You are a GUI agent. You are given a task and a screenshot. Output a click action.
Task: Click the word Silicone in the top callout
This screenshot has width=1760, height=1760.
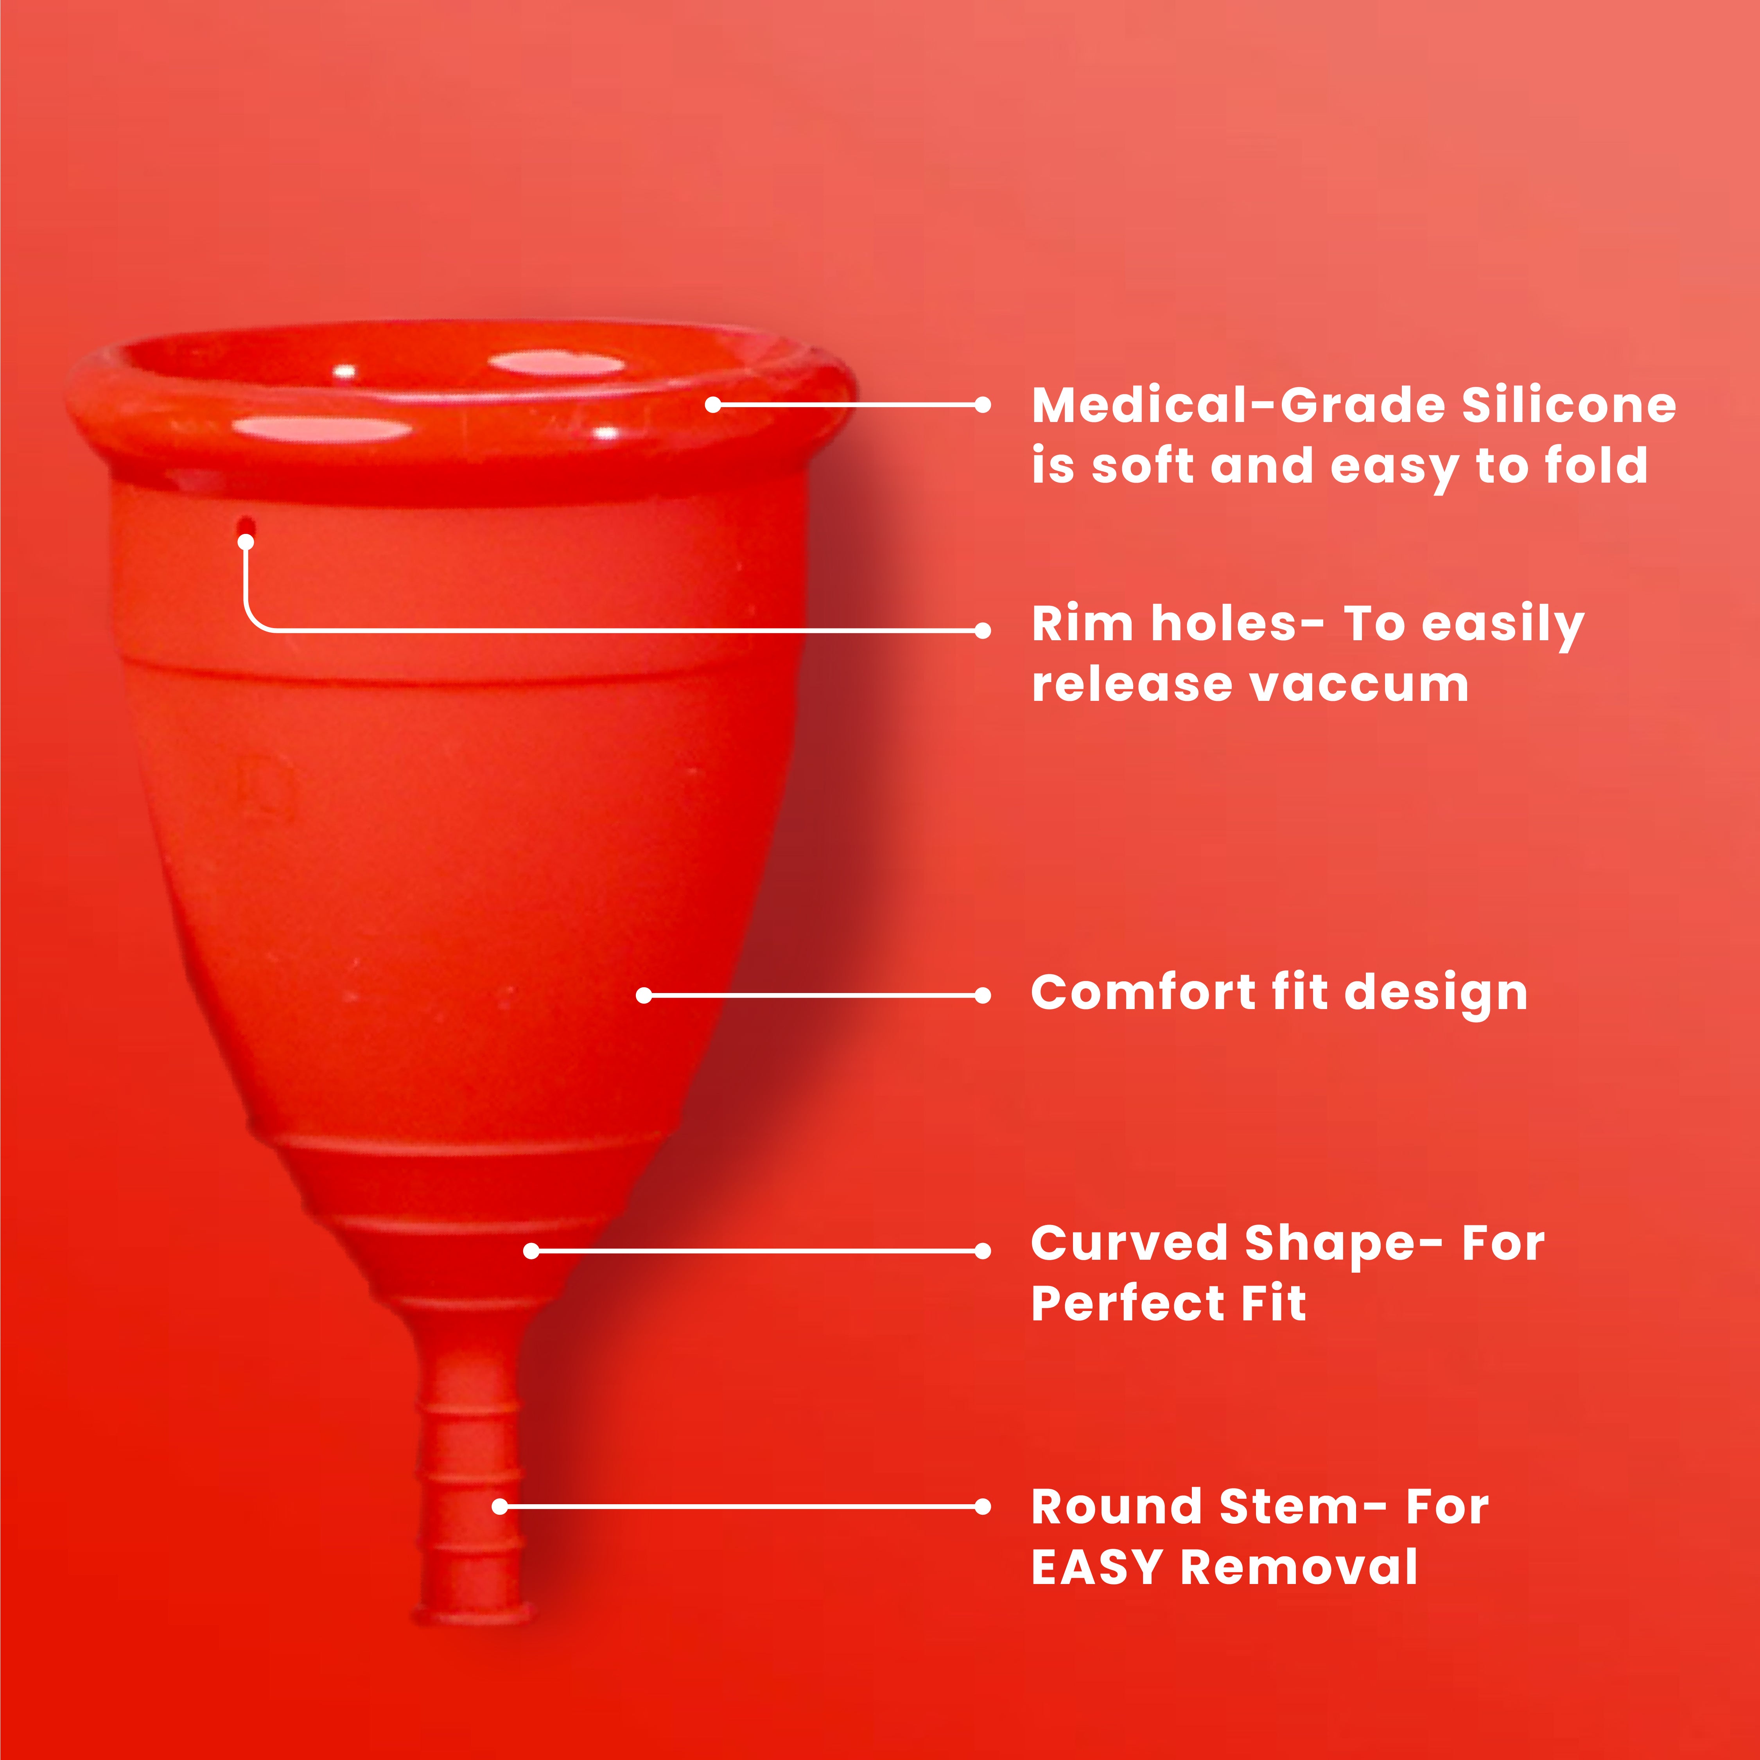point(1569,405)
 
